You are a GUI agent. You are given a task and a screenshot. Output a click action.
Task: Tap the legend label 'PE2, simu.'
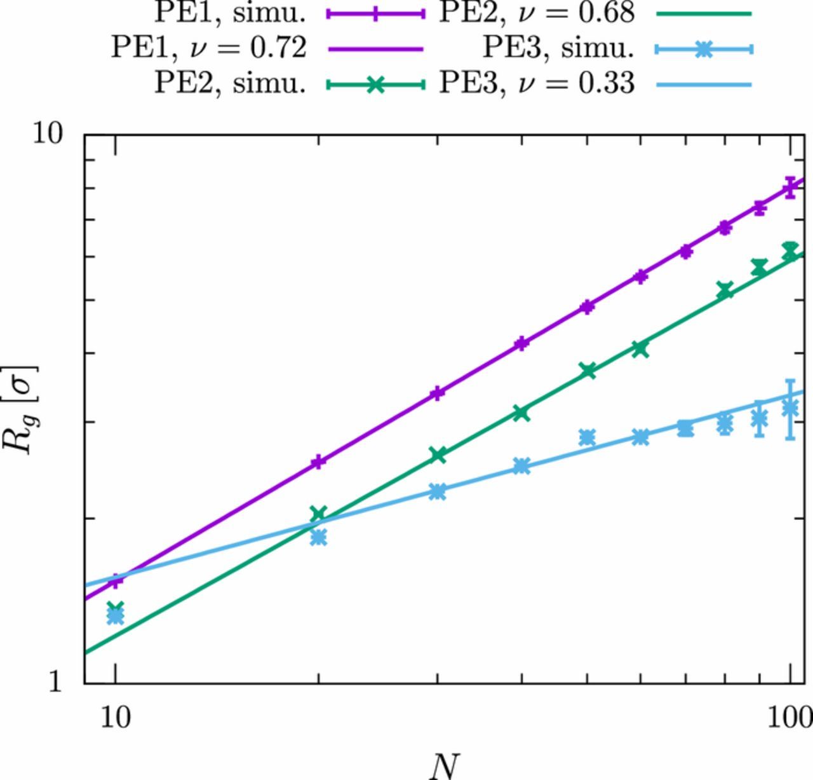click(x=230, y=83)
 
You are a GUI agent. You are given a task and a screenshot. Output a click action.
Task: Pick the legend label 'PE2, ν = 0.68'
click(x=537, y=13)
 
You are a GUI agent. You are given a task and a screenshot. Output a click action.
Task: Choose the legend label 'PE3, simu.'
click(x=559, y=48)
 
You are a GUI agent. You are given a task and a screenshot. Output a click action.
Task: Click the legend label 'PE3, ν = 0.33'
click(x=537, y=83)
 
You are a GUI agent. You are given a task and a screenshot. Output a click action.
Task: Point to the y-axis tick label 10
click(x=50, y=135)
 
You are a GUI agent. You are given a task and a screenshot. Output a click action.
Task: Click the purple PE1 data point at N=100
click(x=790, y=188)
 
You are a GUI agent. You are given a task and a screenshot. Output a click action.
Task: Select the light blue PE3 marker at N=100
click(x=790, y=409)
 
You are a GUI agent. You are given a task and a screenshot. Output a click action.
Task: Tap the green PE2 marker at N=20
click(x=318, y=514)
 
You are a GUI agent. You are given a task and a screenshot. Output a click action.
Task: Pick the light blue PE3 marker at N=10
click(x=115, y=615)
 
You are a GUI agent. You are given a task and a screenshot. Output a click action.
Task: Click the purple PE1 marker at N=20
click(x=318, y=462)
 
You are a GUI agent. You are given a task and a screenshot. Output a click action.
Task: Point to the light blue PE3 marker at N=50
click(x=588, y=437)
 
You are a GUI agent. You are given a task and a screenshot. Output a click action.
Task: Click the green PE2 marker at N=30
click(x=437, y=455)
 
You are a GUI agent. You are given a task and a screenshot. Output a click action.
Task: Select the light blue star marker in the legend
click(x=703, y=49)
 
